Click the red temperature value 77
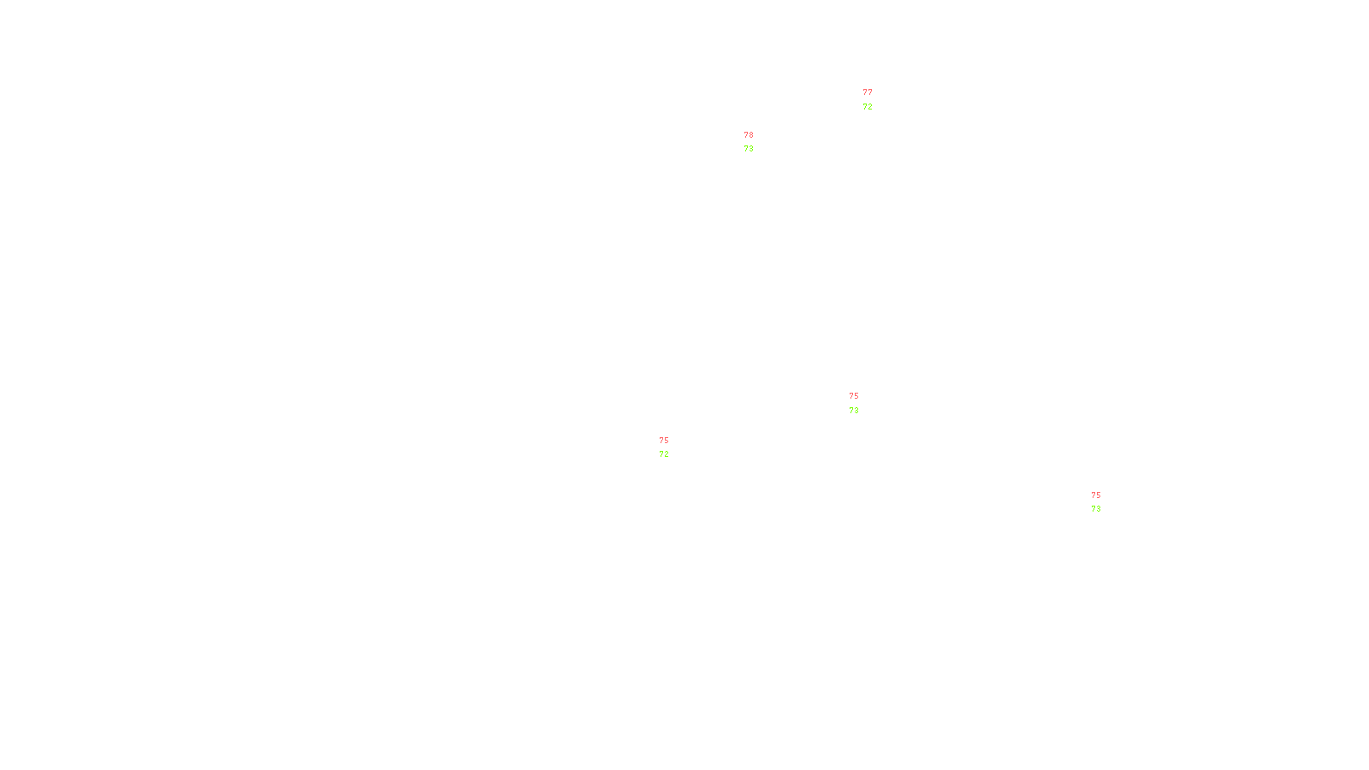(868, 92)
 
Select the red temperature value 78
(749, 135)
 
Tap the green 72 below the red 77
(868, 107)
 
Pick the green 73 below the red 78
(749, 149)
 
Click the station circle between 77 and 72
(875, 100)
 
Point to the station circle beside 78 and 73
(757, 142)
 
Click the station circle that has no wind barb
(862, 403)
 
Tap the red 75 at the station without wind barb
(854, 396)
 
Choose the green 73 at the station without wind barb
(854, 411)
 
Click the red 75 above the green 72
(664, 441)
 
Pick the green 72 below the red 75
(664, 454)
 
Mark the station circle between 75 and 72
(672, 447)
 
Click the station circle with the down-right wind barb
(1104, 502)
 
